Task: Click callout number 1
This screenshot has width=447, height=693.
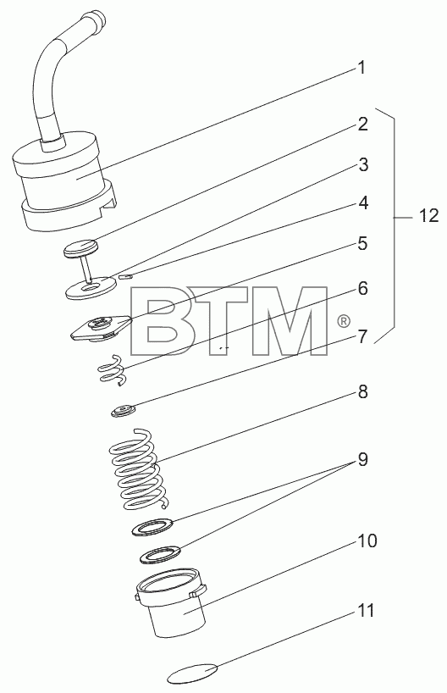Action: (x=361, y=68)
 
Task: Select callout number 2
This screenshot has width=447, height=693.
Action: (x=362, y=125)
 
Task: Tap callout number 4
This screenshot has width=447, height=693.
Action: (x=362, y=202)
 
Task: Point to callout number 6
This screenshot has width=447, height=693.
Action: (x=362, y=289)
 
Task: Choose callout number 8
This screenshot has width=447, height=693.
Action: (x=362, y=391)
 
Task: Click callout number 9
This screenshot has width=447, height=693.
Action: (x=362, y=460)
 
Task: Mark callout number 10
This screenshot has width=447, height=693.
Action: (x=367, y=541)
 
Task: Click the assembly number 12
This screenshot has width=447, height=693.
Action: (x=428, y=216)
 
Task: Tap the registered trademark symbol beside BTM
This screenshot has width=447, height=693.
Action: (x=344, y=321)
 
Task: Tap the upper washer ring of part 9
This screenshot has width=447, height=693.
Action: (x=152, y=527)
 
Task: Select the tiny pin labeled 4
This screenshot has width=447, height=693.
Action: (x=126, y=276)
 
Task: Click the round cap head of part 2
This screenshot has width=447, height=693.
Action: (x=80, y=247)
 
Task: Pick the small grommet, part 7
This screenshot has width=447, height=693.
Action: (x=123, y=412)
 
